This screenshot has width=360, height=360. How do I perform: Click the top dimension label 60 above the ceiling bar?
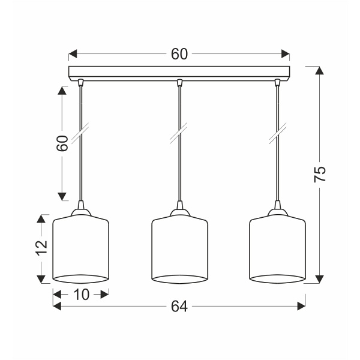point(179,54)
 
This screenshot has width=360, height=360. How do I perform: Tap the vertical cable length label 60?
point(62,143)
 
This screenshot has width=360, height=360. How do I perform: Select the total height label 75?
point(320,174)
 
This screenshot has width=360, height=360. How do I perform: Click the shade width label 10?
point(81,295)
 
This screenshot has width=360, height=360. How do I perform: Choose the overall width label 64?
point(179,306)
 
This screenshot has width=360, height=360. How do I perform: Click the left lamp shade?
point(81,249)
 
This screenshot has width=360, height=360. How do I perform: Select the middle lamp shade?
point(180,249)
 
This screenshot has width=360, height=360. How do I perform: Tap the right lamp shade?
point(277,249)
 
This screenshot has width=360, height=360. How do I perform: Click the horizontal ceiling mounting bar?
point(179,73)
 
